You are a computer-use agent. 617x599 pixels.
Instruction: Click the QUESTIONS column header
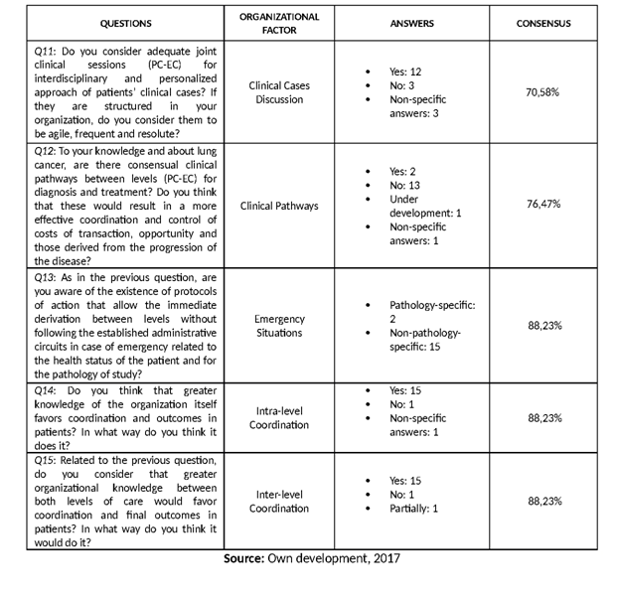click(126, 23)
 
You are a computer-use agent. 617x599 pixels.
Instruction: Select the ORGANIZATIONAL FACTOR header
click(279, 23)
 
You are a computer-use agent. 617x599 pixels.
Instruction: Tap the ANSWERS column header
click(417, 23)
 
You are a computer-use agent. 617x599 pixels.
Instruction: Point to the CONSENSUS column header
click(543, 23)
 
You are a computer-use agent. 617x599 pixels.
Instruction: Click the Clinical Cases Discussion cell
click(279, 92)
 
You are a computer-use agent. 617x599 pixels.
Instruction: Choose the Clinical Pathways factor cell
click(279, 206)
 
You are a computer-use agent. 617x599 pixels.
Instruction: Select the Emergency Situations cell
click(279, 326)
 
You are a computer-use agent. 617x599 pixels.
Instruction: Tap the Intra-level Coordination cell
click(279, 417)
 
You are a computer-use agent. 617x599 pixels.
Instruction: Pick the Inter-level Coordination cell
click(279, 501)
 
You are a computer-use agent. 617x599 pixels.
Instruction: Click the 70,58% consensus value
click(542, 91)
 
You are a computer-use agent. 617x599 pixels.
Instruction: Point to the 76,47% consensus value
click(542, 204)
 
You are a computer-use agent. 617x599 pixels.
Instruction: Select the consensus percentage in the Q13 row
click(542, 325)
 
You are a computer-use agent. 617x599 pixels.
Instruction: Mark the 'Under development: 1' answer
click(423, 206)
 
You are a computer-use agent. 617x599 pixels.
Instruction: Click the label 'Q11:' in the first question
click(46, 50)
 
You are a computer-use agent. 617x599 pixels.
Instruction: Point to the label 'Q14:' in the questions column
click(46, 390)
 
